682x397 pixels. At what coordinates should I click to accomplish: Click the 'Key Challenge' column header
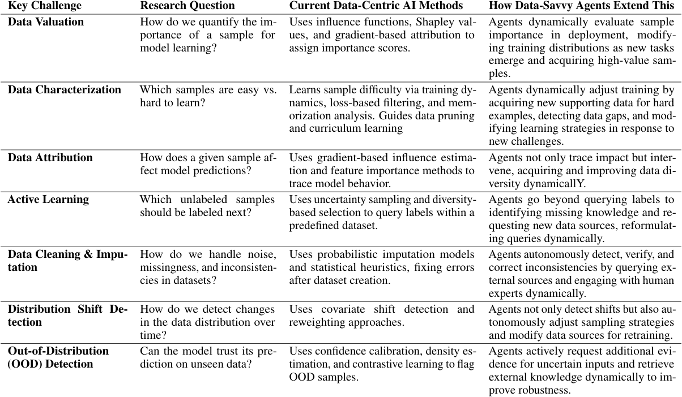click(44, 6)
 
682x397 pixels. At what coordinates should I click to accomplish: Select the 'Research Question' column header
click(187, 6)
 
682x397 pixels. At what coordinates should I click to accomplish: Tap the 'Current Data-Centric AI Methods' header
click(376, 6)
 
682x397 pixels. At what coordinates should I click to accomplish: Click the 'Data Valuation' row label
click(46, 23)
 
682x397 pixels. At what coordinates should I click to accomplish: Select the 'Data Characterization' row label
click(64, 90)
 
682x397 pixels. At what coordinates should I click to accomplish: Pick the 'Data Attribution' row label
click(50, 157)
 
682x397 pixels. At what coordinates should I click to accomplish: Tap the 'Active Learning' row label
click(48, 200)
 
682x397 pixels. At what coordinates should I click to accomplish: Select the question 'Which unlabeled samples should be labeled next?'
click(207, 206)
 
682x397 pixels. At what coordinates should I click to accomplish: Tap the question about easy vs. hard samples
click(208, 97)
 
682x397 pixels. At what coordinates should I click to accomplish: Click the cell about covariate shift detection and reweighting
click(382, 316)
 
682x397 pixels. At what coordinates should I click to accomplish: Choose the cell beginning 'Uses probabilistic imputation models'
click(382, 267)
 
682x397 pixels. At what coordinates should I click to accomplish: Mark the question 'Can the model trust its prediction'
click(208, 357)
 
